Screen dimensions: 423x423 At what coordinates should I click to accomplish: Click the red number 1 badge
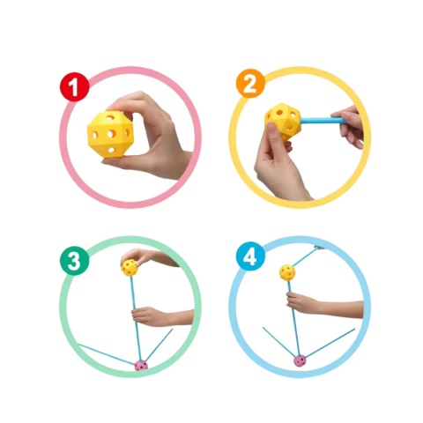pyautogui.click(x=74, y=86)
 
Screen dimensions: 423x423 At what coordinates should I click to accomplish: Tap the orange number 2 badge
pyautogui.click(x=250, y=84)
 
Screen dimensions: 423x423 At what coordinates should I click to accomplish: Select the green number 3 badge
pyautogui.click(x=74, y=261)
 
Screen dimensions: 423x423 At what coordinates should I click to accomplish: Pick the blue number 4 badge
pyautogui.click(x=250, y=256)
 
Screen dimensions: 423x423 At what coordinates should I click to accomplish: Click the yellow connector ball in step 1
pyautogui.click(x=110, y=134)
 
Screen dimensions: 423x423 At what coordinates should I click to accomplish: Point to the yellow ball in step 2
pyautogui.click(x=283, y=121)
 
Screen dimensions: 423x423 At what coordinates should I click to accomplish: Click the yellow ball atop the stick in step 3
pyautogui.click(x=130, y=267)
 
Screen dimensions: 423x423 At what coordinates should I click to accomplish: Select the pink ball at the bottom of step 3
pyautogui.click(x=141, y=366)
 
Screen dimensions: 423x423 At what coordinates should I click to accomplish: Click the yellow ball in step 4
pyautogui.click(x=287, y=272)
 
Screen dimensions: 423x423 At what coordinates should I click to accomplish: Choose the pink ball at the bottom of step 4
pyautogui.click(x=301, y=360)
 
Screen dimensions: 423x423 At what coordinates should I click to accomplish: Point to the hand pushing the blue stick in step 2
pyautogui.click(x=351, y=126)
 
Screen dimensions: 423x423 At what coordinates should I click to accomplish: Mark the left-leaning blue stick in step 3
pyautogui.click(x=107, y=354)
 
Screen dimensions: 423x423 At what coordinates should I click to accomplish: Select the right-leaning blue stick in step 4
pyautogui.click(x=330, y=343)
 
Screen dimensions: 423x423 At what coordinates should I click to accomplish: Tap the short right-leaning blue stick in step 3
pyautogui.click(x=160, y=345)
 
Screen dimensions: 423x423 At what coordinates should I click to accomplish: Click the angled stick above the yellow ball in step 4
pyautogui.click(x=306, y=257)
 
